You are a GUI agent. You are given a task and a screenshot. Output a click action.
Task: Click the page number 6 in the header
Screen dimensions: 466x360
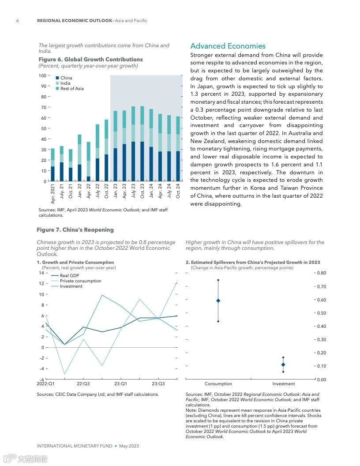17,21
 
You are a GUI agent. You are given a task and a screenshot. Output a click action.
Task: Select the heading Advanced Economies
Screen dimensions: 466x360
228,46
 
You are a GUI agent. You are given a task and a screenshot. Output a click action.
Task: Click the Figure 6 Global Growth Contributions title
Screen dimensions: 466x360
90,60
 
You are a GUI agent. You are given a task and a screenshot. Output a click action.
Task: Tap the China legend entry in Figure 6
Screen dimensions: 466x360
66,78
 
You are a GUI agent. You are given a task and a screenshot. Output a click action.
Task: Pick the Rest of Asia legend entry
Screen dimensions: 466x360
71,89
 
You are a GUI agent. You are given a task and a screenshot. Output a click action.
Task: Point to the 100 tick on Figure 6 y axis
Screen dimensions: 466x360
42,76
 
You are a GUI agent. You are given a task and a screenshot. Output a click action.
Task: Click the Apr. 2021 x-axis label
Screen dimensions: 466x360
53,193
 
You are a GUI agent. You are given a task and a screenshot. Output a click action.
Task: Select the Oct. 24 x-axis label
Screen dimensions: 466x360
178,192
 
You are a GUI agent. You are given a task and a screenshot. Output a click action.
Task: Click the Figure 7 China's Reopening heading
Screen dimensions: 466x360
75,230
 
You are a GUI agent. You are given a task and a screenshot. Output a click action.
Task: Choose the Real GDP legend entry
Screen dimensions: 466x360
69,275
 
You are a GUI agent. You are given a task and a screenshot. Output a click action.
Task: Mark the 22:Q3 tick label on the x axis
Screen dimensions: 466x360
83,384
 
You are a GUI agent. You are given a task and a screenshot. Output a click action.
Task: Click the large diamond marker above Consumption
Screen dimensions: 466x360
218,301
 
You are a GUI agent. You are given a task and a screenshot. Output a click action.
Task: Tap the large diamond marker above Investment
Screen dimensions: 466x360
283,365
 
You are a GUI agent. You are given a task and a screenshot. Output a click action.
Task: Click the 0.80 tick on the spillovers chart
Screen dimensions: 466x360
321,273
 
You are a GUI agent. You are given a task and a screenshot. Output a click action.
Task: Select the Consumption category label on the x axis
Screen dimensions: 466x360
218,384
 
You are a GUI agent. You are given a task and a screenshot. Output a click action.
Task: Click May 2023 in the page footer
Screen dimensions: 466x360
129,446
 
